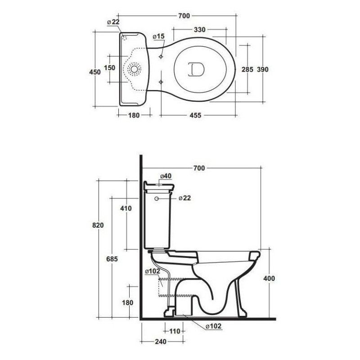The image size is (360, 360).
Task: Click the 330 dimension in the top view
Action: click(x=199, y=30)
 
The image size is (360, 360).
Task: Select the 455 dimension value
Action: click(x=195, y=115)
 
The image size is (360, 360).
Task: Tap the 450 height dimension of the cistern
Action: click(x=95, y=72)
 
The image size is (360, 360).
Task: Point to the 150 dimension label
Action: click(x=109, y=68)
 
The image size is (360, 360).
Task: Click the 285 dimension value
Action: click(x=247, y=69)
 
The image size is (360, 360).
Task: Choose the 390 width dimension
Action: click(x=262, y=69)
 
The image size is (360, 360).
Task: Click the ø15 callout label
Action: click(x=159, y=36)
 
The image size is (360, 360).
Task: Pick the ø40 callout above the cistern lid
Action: click(x=166, y=176)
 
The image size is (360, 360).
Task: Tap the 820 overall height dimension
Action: click(x=98, y=225)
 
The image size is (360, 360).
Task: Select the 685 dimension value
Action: click(x=112, y=259)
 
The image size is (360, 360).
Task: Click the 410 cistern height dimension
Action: click(x=126, y=208)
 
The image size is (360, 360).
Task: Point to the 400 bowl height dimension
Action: click(x=269, y=279)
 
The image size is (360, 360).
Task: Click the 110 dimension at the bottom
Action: click(x=175, y=331)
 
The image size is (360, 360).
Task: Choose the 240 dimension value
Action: click(x=161, y=342)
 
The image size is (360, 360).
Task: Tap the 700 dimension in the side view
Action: click(x=199, y=168)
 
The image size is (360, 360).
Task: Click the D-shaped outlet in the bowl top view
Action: click(x=196, y=69)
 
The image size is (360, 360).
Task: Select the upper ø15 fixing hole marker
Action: click(x=161, y=57)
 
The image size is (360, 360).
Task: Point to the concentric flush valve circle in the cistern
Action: click(x=134, y=69)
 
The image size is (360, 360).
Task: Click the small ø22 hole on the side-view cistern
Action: click(x=157, y=198)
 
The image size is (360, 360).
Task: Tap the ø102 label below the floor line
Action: click(x=213, y=326)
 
